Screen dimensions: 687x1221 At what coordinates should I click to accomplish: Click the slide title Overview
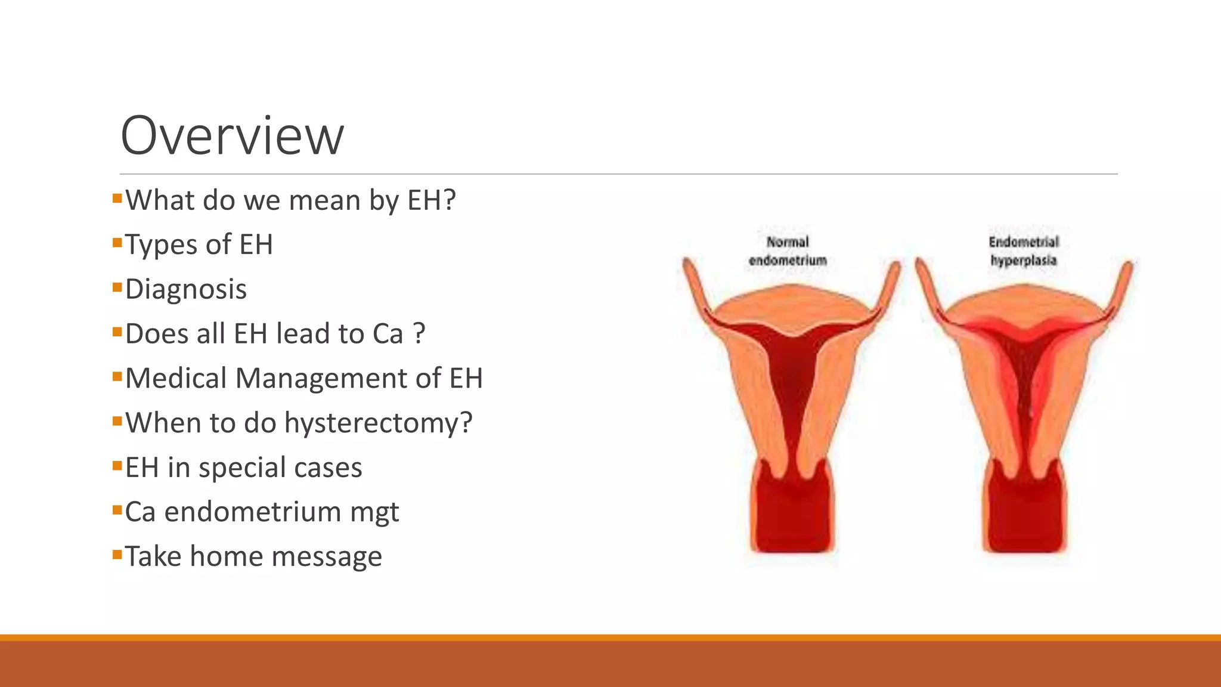(232, 136)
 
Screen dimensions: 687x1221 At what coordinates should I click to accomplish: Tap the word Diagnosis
(185, 289)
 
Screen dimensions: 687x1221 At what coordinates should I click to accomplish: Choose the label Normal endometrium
(788, 251)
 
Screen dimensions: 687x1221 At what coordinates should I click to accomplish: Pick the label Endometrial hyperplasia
(1023, 251)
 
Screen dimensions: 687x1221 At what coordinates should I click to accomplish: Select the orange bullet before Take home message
(117, 555)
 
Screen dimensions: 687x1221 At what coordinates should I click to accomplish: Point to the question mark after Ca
(419, 333)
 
